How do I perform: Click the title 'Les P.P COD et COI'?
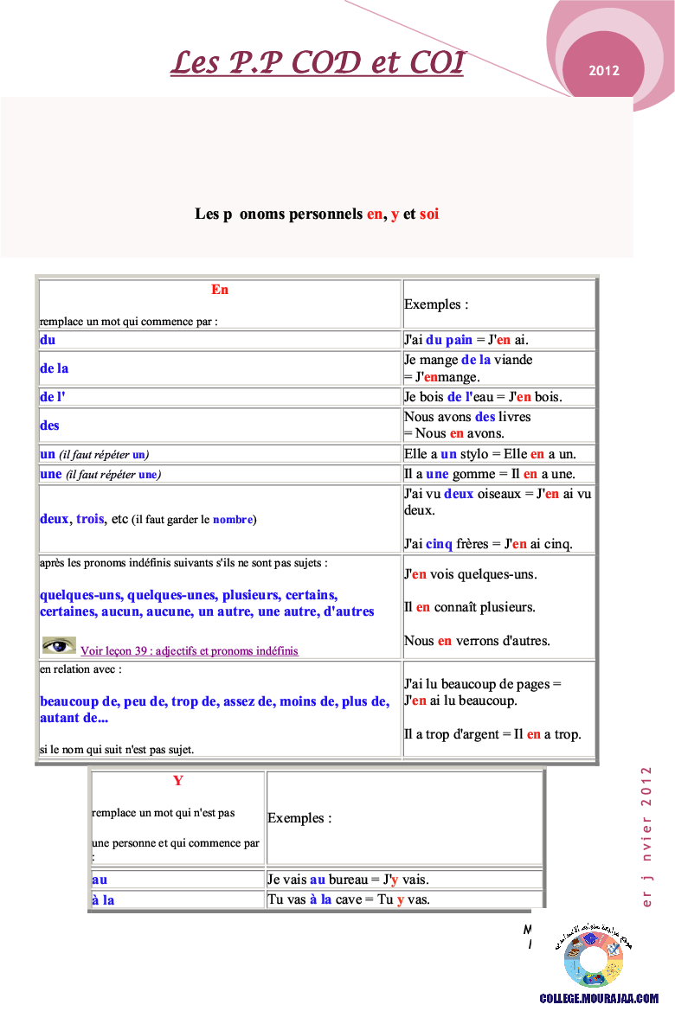317,62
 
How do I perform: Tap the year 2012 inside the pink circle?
604,71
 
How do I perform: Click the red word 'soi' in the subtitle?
429,214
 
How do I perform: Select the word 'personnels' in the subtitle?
319,214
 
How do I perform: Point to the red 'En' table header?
220,290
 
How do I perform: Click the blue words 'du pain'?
448,340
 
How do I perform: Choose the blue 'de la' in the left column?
55,368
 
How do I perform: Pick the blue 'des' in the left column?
49,426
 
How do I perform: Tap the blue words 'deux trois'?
72,519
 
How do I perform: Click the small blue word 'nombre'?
233,520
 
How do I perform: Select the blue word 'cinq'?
439,544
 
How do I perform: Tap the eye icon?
59,645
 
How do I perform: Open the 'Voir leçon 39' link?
189,650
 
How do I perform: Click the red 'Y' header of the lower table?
178,780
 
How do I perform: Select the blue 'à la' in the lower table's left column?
103,900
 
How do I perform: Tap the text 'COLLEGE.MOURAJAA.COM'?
599,998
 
